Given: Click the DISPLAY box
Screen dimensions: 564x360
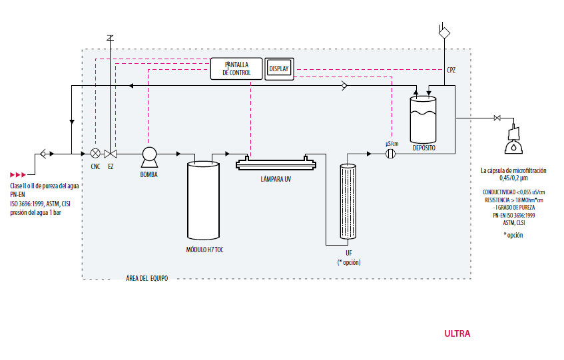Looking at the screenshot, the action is [279, 69].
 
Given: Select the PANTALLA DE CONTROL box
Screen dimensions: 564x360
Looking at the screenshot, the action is [236, 69].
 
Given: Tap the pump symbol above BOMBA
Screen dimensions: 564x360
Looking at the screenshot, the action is [149, 157].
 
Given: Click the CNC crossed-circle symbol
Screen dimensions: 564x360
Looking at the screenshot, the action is [95, 154].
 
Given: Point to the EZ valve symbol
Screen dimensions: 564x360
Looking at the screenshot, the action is [111, 154].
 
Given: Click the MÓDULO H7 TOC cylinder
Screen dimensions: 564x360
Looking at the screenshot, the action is [203, 200].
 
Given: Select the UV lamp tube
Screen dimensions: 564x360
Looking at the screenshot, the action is [276, 164].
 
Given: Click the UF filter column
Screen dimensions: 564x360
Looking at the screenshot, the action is [348, 201].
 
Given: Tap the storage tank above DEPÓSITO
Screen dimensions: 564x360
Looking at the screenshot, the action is [423, 120].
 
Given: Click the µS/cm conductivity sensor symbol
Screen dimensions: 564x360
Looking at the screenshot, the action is [391, 154].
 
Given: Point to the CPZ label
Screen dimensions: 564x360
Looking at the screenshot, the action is [451, 70].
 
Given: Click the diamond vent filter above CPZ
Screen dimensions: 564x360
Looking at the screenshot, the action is [444, 33].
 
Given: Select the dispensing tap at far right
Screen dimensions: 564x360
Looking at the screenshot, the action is [513, 140].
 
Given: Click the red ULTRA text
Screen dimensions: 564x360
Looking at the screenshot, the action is [457, 334].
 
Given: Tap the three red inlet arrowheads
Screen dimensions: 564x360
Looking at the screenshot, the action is [18, 175].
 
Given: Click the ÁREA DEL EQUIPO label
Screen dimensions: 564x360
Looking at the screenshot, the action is [146, 278].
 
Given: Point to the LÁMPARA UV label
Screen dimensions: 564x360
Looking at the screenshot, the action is [276, 179].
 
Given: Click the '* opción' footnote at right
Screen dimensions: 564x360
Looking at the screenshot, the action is [513, 236].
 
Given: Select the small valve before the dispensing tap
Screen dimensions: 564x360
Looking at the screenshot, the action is [497, 118].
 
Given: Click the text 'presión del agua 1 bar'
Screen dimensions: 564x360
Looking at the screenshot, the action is [35, 213].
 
